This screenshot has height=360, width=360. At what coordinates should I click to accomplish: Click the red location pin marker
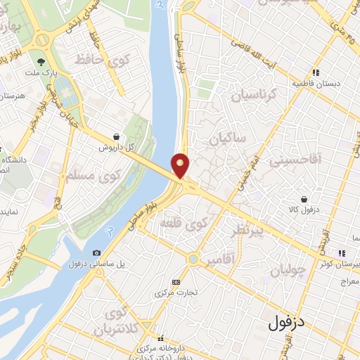pyautogui.click(x=181, y=165)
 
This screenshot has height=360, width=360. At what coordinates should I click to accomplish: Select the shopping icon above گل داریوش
pyautogui.click(x=116, y=137)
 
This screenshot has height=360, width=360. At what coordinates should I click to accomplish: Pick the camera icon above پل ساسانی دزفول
pyautogui.click(x=96, y=252)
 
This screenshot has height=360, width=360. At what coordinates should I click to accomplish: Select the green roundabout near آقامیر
pyautogui.click(x=193, y=259)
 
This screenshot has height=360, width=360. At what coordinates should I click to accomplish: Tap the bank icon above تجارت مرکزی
pyautogui.click(x=176, y=282)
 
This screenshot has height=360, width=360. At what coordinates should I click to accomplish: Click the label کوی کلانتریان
pyautogui.click(x=117, y=321)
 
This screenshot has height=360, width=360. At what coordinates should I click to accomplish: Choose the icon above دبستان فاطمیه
pyautogui.click(x=316, y=72)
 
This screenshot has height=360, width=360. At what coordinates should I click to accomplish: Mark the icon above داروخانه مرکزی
pyautogui.click(x=161, y=339)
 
